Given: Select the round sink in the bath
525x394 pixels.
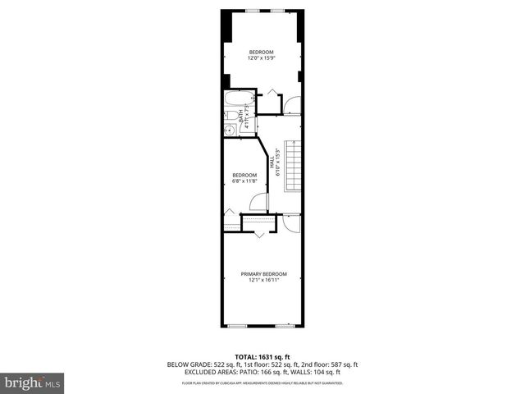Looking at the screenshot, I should click(229, 131).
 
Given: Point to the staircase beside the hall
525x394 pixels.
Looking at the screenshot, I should click(294, 165).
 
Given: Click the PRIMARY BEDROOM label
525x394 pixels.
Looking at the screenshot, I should click(263, 274).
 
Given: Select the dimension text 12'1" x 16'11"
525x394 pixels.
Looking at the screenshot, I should click(263, 281).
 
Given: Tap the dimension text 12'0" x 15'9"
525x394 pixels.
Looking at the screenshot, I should click(262, 58).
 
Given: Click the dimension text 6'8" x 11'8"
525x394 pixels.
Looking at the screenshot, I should click(244, 181).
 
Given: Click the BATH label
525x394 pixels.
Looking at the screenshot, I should click(241, 117).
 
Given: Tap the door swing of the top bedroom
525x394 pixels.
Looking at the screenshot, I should click(291, 104).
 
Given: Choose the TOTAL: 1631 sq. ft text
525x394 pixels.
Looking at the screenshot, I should click(262, 357).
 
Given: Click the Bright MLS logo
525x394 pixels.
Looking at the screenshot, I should click(33, 383).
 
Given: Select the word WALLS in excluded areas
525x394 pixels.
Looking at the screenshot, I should click(300, 371).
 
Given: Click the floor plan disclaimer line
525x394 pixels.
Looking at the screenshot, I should click(262, 383).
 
